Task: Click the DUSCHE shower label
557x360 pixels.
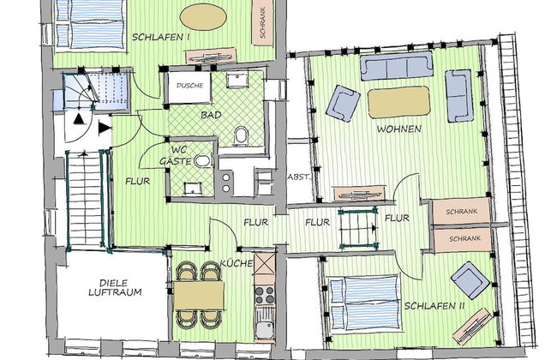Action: click(189, 86)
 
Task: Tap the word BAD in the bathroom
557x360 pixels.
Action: click(211, 115)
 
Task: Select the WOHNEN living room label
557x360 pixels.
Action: click(399, 129)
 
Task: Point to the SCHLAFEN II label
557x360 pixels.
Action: click(434, 306)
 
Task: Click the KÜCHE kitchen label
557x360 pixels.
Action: click(237, 263)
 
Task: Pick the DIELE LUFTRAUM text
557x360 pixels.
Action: click(115, 288)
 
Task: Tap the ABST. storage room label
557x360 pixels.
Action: click(298, 177)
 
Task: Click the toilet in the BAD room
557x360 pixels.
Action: click(242, 135)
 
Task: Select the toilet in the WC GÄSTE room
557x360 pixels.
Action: click(203, 160)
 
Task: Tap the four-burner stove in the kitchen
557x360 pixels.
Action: click(265, 296)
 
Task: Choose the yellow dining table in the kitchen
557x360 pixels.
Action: click(199, 296)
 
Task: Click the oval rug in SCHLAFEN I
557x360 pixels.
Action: click(203, 16)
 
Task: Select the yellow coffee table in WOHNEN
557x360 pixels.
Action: click(399, 102)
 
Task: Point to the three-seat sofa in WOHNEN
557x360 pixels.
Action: click(397, 66)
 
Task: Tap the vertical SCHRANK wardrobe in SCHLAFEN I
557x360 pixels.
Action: click(263, 22)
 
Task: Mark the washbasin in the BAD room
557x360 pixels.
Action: click(237, 81)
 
